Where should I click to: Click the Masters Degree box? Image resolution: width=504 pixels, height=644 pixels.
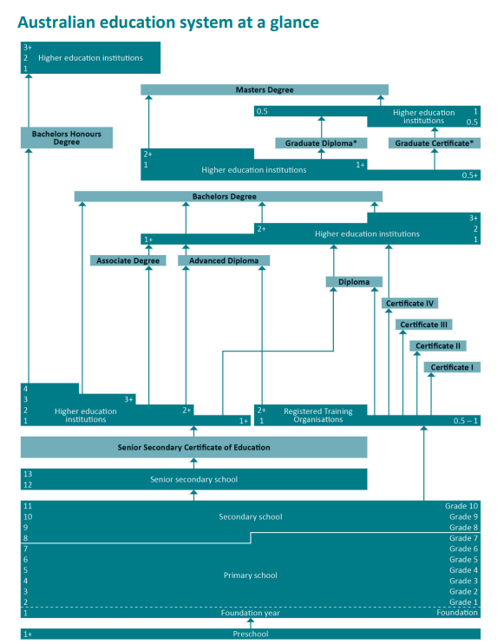point(265,89)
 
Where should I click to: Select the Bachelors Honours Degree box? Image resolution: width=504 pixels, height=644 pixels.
point(67,138)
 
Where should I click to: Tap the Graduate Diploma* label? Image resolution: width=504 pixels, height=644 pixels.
point(321,143)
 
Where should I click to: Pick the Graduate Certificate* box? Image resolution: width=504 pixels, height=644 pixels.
point(435,143)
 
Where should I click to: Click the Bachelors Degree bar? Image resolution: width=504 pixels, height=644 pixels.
point(228,196)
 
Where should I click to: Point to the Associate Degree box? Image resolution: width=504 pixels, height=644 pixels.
point(128,260)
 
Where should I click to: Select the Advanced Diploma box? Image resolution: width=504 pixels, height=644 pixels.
point(224,260)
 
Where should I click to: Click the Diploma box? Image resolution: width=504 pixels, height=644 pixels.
point(354,282)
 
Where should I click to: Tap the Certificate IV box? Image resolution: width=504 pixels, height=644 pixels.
point(409,303)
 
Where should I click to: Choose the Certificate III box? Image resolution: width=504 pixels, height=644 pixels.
point(424,325)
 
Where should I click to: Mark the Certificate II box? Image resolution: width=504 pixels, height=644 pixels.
point(438,345)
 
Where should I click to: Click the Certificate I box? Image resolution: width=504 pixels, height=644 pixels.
point(452,367)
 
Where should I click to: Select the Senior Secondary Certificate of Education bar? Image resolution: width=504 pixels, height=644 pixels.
point(193,447)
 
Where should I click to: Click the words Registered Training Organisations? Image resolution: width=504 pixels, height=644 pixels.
point(318,415)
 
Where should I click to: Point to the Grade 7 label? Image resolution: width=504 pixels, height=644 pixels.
point(463,538)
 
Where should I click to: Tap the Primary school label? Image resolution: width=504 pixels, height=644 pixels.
point(251,575)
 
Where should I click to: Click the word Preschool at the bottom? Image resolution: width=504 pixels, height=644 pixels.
point(251,634)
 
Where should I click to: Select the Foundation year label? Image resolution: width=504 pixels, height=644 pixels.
point(251,613)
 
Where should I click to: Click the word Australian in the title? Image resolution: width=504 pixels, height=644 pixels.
point(56,23)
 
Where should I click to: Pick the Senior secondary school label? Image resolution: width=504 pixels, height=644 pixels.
point(193,479)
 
